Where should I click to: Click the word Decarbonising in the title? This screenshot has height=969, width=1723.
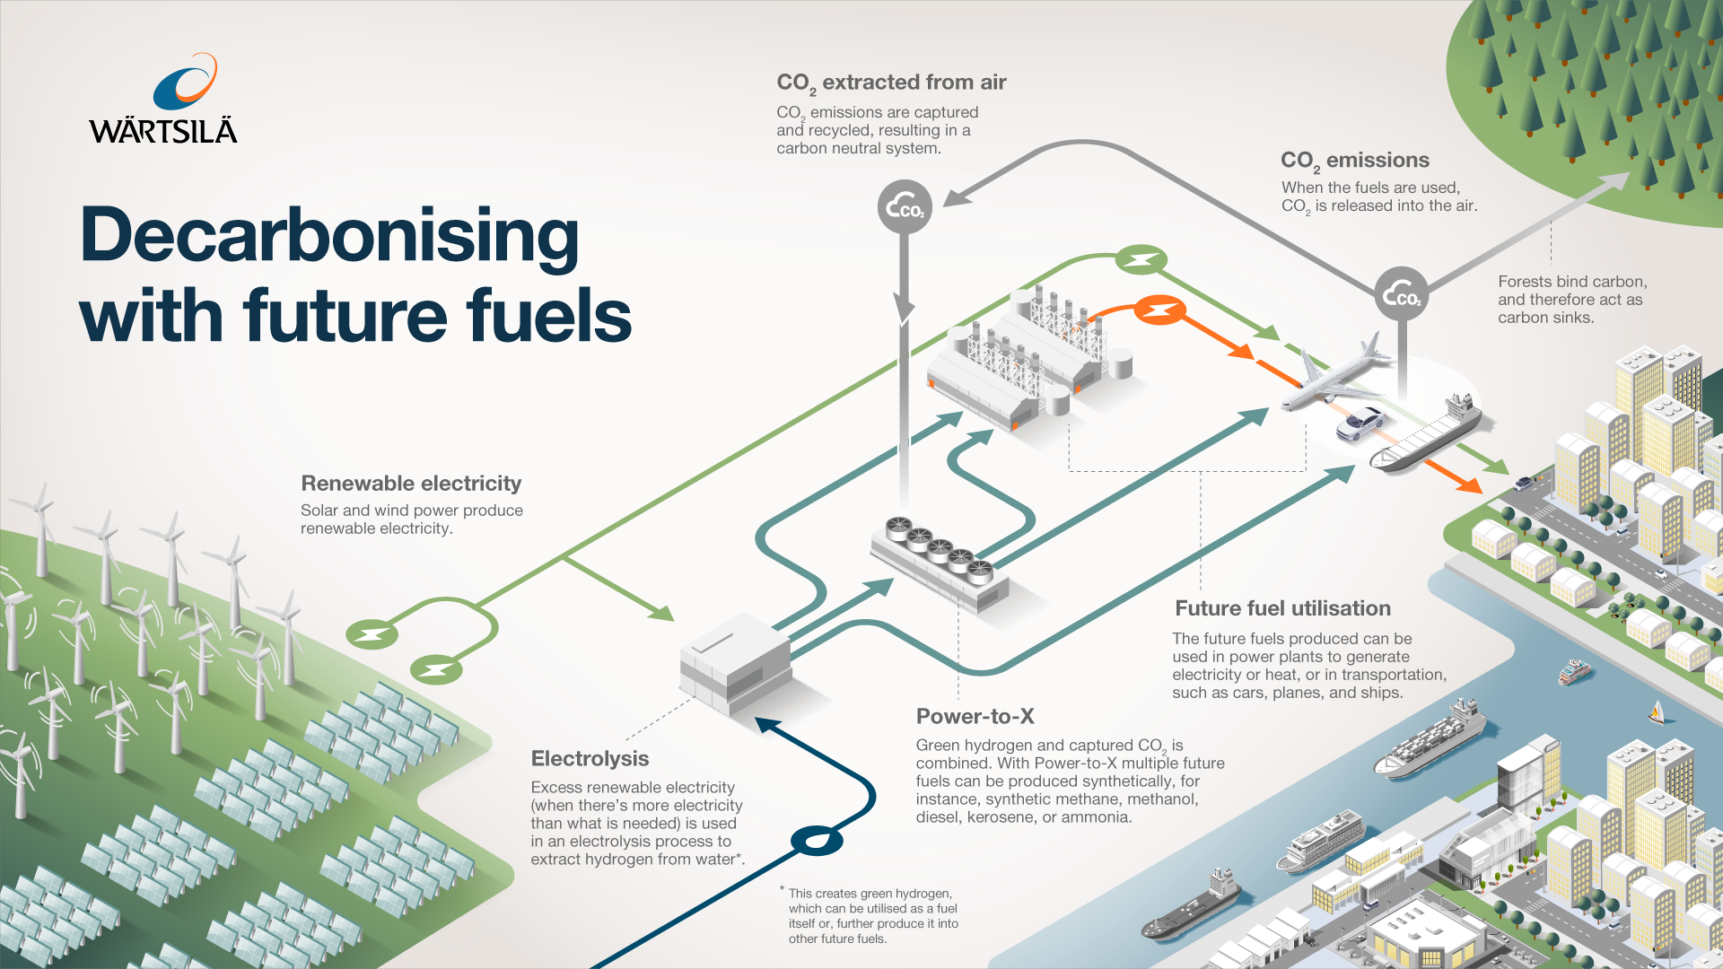tap(329, 235)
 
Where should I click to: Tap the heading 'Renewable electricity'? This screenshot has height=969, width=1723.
tap(411, 484)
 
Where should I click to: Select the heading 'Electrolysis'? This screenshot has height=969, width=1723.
tap(590, 759)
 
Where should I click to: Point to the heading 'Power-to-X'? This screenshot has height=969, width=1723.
tap(975, 717)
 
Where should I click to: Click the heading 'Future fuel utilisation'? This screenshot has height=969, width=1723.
tap(1282, 608)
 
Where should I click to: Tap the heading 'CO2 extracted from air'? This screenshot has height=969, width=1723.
tap(891, 83)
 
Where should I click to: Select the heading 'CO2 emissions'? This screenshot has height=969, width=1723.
tap(1354, 161)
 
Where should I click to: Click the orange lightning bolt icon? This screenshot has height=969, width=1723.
tap(1159, 310)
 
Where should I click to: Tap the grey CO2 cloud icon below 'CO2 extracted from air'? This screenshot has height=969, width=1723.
tap(905, 208)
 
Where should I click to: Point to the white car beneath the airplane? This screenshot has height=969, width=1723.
tap(1360, 423)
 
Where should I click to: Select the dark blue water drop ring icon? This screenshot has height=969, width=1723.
tap(817, 841)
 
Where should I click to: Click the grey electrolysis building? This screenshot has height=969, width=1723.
tap(736, 664)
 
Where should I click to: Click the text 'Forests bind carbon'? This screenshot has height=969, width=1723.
tap(1571, 282)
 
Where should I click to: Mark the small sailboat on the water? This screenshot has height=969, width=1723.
tap(1657, 714)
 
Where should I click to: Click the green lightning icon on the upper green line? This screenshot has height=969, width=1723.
tap(1141, 261)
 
